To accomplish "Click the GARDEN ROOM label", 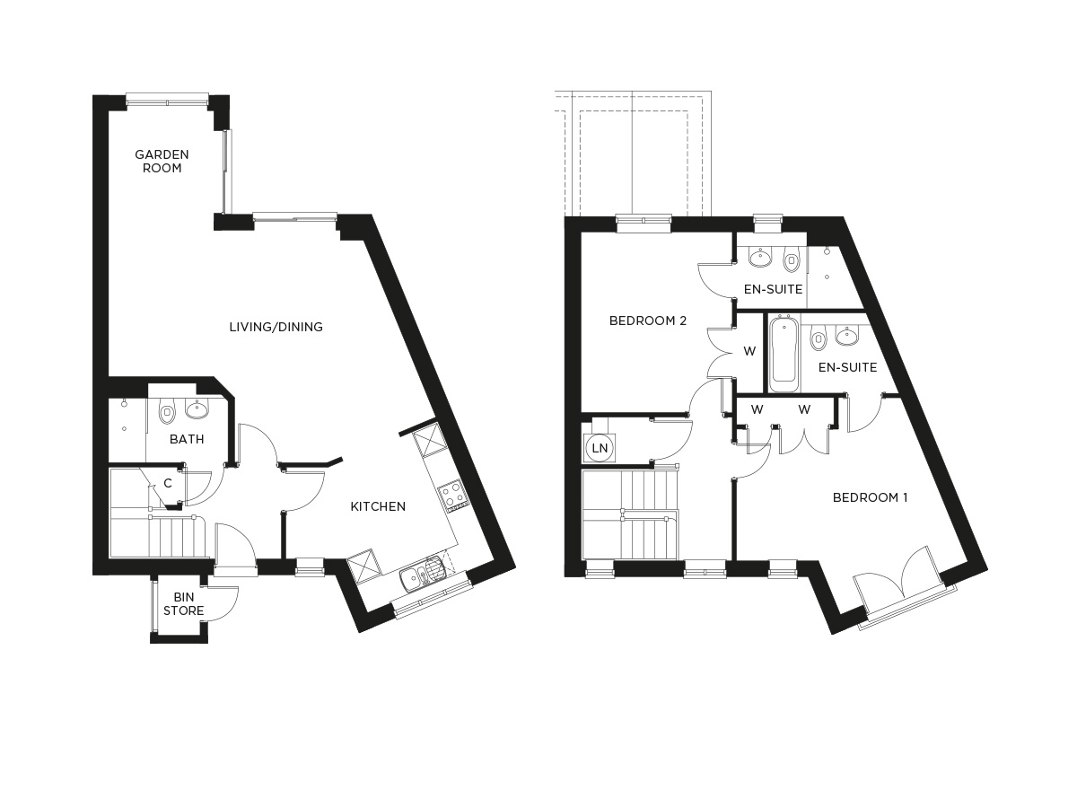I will coord(162,161).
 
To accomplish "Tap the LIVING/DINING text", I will coord(276,327).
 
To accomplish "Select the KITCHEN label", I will coord(378,506).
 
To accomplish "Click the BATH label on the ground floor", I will coord(187,439).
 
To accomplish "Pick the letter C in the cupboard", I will coord(167,483).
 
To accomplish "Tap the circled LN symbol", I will coord(598,446).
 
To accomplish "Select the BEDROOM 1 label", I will coord(870,497).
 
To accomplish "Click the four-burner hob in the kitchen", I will coord(451,493).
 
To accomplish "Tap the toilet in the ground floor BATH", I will coord(166,413).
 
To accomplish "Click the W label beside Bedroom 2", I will coord(749,351).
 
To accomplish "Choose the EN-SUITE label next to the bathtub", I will coord(848,367).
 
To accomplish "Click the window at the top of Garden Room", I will coord(168,99).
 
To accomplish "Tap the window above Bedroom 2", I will coord(644,222).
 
